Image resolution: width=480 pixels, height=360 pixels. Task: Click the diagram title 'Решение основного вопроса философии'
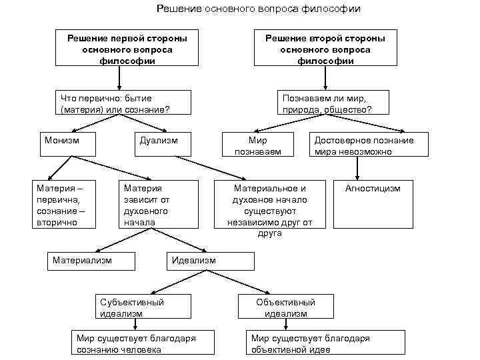259,9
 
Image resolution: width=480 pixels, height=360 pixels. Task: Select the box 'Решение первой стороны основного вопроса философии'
127,49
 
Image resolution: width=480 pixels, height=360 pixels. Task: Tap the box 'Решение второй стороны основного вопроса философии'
325,49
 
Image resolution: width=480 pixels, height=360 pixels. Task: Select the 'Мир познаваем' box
257,145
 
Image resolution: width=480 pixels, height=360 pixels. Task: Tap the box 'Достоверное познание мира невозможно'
363,145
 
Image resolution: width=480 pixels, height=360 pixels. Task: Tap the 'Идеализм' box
209,261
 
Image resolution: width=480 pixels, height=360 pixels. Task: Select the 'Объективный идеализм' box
285,307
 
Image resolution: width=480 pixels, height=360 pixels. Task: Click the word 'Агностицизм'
373,189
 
